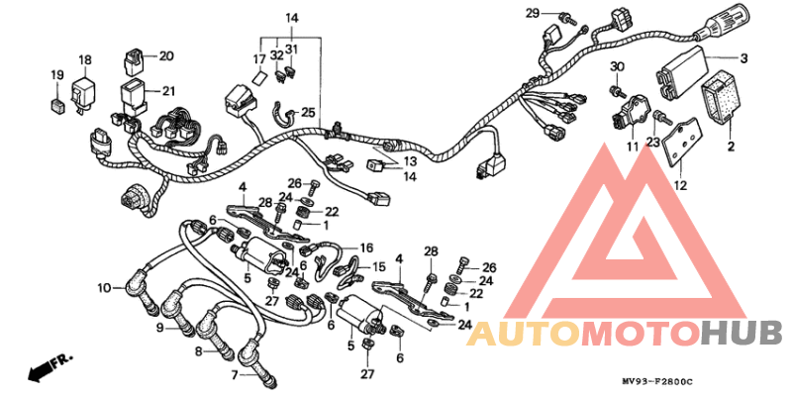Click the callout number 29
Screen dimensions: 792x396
(x=533, y=13)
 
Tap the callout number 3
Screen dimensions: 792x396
(x=743, y=58)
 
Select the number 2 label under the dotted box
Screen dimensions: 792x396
(x=731, y=147)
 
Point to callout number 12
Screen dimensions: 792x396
(x=680, y=185)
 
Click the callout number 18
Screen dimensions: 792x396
(x=85, y=60)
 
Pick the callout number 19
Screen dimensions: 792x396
(x=57, y=75)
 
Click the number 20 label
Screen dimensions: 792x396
(x=166, y=56)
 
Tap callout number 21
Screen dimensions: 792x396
(x=168, y=91)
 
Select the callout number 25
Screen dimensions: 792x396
(x=308, y=112)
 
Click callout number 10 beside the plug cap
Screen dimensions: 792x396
(x=104, y=288)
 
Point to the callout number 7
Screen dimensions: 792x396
(x=234, y=375)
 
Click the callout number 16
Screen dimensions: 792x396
(x=366, y=248)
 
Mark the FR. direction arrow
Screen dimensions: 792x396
(x=50, y=367)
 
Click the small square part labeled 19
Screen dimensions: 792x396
(x=57, y=105)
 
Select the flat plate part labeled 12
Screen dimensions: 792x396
(x=680, y=142)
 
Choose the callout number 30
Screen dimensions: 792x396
(x=617, y=66)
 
